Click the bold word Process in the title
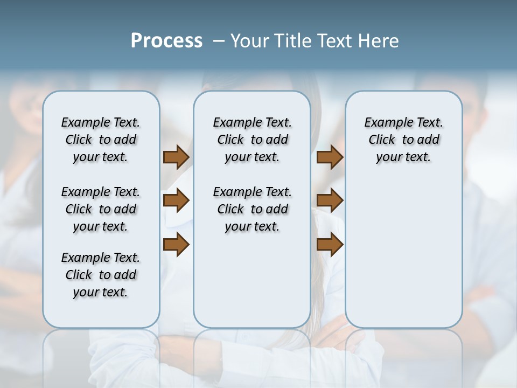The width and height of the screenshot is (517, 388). coord(166,41)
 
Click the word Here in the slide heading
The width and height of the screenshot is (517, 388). coord(380,41)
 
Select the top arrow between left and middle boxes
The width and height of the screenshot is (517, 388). coord(176,157)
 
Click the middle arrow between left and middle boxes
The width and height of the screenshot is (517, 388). coord(176,200)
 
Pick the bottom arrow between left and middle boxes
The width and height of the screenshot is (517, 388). coord(176,244)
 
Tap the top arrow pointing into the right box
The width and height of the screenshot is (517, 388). coord(330,157)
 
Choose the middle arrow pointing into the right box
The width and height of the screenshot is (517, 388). coord(330,200)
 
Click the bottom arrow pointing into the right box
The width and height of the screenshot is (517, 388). coord(330,244)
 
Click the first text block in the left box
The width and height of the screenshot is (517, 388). coord(101,140)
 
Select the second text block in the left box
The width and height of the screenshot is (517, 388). coord(101,209)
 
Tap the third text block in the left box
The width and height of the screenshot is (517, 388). coord(101,275)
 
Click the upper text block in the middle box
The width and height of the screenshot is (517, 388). coord(252,140)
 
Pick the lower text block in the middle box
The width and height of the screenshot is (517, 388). coord(252,209)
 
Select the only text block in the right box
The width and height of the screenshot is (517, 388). coord(403,140)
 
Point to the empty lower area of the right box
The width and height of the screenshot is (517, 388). coord(403,253)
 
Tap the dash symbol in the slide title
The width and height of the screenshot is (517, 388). coord(219,41)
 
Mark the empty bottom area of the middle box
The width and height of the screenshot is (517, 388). coord(252,286)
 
